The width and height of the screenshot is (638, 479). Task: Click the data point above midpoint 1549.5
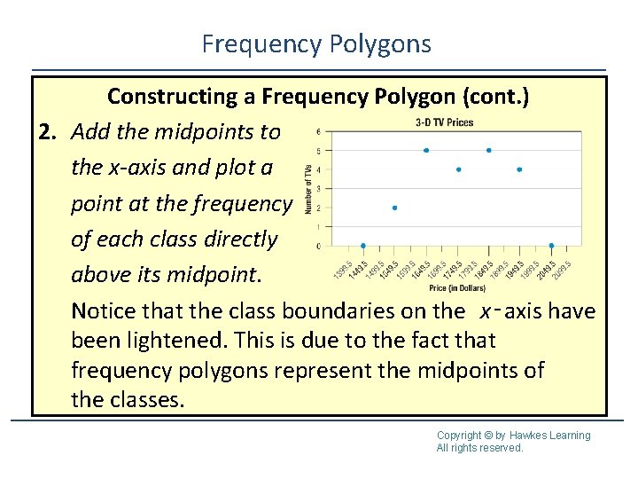click(x=394, y=208)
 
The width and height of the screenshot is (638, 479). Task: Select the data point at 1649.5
click(x=426, y=151)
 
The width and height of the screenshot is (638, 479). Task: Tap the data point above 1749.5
click(x=458, y=169)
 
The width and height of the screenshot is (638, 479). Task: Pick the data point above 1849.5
click(x=489, y=151)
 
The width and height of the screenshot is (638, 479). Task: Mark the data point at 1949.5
click(x=519, y=169)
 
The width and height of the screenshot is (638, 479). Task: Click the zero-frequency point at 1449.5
click(x=363, y=246)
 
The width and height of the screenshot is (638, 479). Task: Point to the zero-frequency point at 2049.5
click(x=551, y=246)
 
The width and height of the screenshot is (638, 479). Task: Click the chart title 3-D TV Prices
click(x=445, y=122)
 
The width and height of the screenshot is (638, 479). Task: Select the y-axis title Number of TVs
click(x=307, y=188)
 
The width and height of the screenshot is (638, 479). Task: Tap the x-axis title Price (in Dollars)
click(x=458, y=288)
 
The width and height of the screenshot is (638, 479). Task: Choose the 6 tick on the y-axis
click(x=318, y=132)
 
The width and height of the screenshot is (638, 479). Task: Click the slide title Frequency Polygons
click(x=316, y=43)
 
